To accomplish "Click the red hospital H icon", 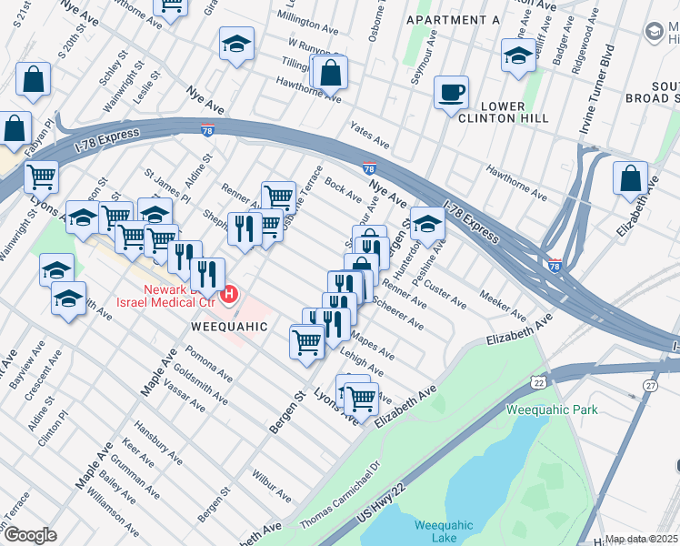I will point(229,294).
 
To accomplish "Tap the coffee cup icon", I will point(451,93).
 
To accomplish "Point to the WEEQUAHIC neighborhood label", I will point(229,326).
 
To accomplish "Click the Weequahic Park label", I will point(553,409).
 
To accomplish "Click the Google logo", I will point(30,535).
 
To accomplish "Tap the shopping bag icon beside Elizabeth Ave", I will point(630,180).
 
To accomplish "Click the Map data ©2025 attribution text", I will point(642,539).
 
